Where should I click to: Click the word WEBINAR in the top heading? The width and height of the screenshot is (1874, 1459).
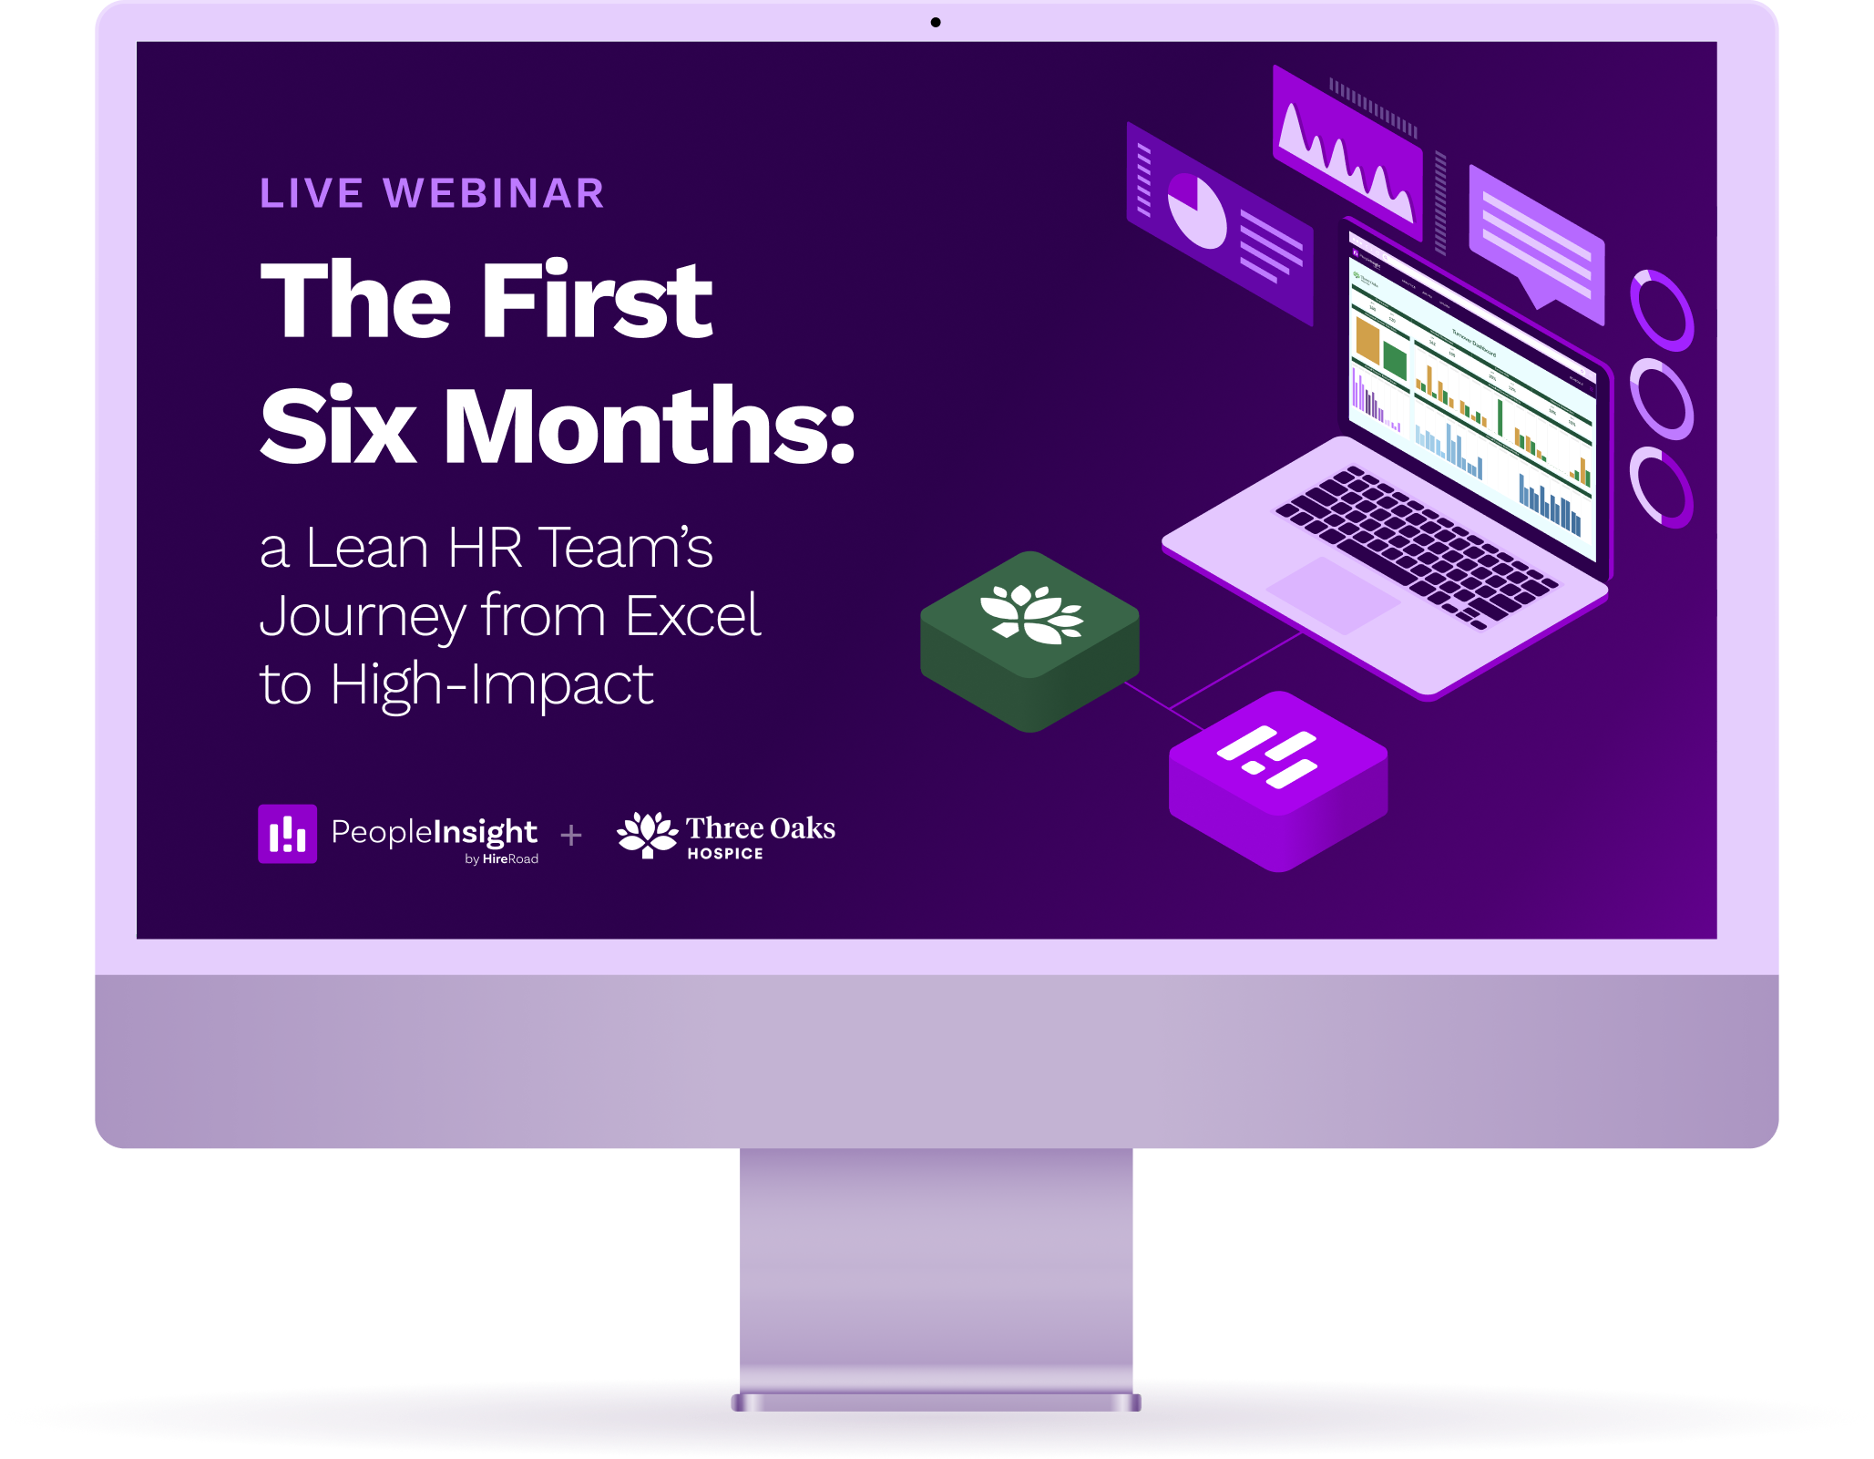click(494, 193)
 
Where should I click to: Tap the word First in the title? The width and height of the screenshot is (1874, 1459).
click(597, 301)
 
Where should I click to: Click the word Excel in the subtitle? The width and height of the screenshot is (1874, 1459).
click(692, 616)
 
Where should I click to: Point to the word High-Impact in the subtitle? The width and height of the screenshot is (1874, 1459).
click(492, 685)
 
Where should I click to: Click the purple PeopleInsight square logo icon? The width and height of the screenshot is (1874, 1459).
click(287, 833)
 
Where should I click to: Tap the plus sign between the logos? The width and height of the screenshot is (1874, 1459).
click(571, 835)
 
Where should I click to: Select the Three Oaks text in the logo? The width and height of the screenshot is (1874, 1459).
click(760, 828)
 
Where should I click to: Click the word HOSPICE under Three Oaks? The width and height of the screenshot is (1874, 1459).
click(725, 854)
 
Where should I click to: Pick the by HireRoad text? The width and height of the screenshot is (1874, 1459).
click(501, 859)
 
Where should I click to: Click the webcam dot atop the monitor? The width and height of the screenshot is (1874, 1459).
click(936, 23)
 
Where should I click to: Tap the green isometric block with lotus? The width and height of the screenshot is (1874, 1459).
click(1029, 638)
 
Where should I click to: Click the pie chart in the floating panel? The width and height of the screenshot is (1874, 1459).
click(1196, 211)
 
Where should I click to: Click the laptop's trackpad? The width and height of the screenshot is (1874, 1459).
click(1332, 594)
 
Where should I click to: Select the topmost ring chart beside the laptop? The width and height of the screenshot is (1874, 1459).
click(1662, 310)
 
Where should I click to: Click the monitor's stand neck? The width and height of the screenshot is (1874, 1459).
click(936, 1267)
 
